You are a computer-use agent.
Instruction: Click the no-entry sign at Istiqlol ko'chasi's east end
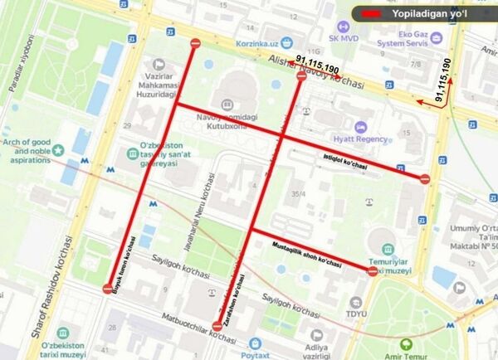pyautogui.click(x=425, y=178)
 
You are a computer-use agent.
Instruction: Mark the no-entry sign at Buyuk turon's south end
pyautogui.click(x=109, y=289)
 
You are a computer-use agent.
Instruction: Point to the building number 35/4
pyautogui.click(x=311, y=194)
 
